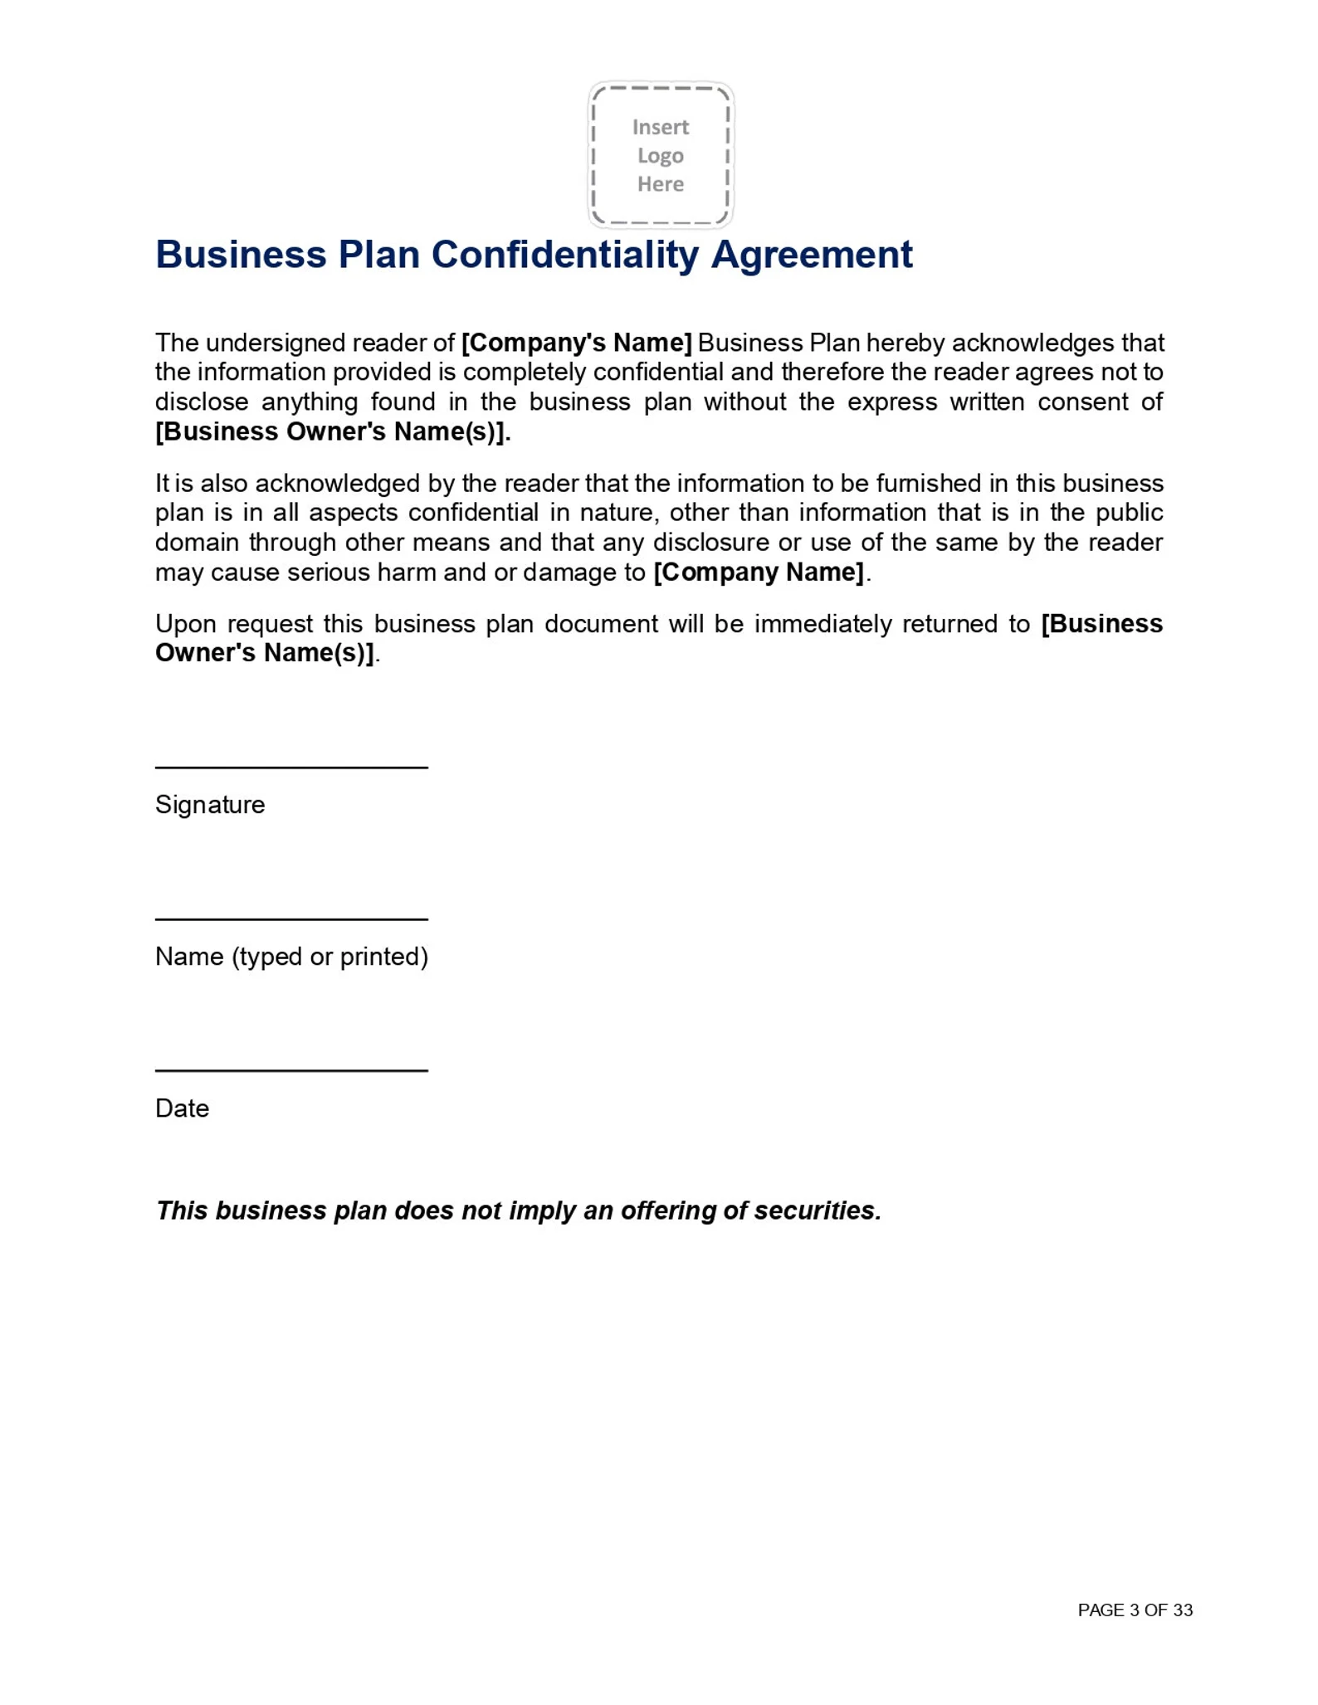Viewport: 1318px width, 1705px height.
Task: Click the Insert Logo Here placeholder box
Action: (661, 155)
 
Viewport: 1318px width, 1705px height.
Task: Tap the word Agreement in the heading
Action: (812, 255)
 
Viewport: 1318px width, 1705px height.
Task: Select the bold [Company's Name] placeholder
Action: (577, 343)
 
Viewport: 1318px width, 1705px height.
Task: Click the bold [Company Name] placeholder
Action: (759, 572)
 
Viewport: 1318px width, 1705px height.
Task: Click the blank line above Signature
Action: (291, 767)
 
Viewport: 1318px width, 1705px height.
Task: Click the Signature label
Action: (210, 805)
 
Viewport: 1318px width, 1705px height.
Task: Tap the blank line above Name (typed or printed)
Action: (291, 918)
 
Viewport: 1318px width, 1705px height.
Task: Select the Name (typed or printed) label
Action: (291, 957)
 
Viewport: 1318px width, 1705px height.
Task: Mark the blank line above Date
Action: (291, 1070)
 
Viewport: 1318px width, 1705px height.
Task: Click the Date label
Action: (182, 1108)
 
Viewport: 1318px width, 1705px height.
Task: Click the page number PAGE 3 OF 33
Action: (1135, 1610)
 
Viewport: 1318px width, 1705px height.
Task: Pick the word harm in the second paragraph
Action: (407, 572)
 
